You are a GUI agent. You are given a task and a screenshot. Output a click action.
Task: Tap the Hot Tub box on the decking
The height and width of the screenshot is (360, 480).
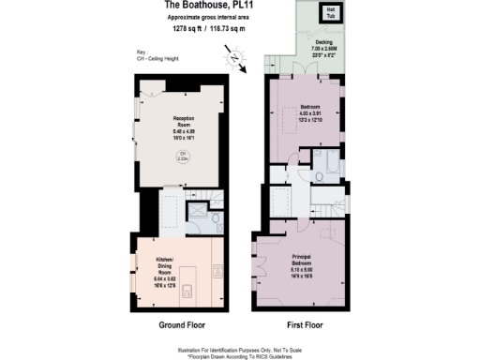click(x=331, y=14)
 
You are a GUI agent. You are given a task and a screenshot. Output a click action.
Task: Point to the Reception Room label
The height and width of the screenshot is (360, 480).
click(x=184, y=127)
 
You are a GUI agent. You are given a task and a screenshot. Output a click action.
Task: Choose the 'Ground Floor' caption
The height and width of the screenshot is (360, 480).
click(x=173, y=326)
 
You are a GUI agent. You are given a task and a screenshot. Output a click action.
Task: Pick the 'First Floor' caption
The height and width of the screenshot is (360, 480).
click(x=301, y=326)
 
